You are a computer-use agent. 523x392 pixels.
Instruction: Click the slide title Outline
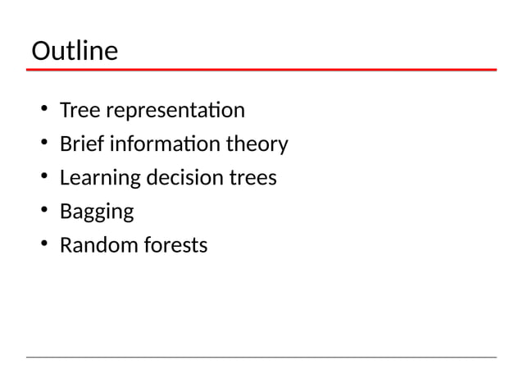pyautogui.click(x=75, y=52)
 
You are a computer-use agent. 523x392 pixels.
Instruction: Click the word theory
pyautogui.click(x=257, y=145)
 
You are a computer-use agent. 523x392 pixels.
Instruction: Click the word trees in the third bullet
pyautogui.click(x=252, y=178)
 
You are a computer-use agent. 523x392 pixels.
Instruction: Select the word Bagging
pyautogui.click(x=97, y=212)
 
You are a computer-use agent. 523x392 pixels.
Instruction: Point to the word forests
pyautogui.click(x=175, y=245)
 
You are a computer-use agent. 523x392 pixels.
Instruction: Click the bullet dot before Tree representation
pyautogui.click(x=41, y=111)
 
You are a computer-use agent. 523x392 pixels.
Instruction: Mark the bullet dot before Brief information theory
pyautogui.click(x=41, y=145)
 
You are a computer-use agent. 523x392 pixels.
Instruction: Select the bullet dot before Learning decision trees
pyautogui.click(x=41, y=179)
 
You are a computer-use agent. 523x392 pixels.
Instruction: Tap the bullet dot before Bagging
pyautogui.click(x=41, y=212)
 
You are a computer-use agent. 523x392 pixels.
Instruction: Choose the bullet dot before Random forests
pyautogui.click(x=41, y=246)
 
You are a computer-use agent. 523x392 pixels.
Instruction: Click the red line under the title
pyautogui.click(x=261, y=71)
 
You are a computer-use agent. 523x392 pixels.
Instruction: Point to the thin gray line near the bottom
pyautogui.click(x=261, y=357)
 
